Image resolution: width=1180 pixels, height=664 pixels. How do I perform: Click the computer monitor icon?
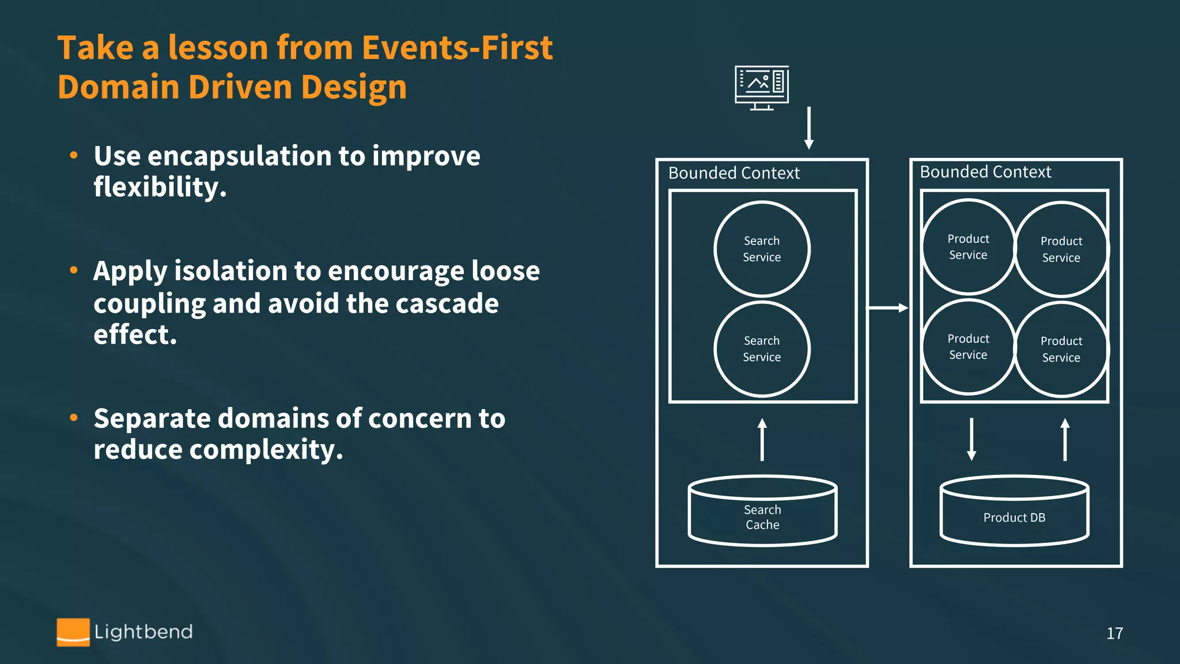coord(762,87)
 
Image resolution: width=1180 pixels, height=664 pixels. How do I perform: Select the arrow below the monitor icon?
coord(809,128)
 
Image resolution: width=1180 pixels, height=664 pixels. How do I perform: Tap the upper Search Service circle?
coord(762,249)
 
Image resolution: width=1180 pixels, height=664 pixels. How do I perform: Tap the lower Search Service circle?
coord(762,349)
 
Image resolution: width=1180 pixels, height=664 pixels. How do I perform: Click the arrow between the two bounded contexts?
coord(888,308)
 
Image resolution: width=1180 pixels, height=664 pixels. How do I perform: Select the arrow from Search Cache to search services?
coord(762,439)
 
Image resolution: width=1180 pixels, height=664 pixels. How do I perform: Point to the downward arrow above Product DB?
coord(971,439)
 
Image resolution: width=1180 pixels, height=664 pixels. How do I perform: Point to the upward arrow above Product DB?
coord(1065,439)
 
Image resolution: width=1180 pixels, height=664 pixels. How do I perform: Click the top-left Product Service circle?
coord(968,247)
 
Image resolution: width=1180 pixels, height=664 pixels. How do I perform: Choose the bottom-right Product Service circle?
coord(1061,349)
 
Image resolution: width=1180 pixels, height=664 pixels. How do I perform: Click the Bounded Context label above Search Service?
coord(734,173)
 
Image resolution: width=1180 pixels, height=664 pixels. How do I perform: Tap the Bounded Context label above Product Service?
coord(985,172)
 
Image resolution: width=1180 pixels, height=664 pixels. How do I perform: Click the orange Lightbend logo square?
coord(73,632)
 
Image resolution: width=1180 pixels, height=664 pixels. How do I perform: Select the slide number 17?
coord(1114,633)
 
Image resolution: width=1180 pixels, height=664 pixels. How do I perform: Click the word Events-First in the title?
coord(457,47)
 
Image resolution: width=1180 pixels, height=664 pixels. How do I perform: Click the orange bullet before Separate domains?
coord(74,418)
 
